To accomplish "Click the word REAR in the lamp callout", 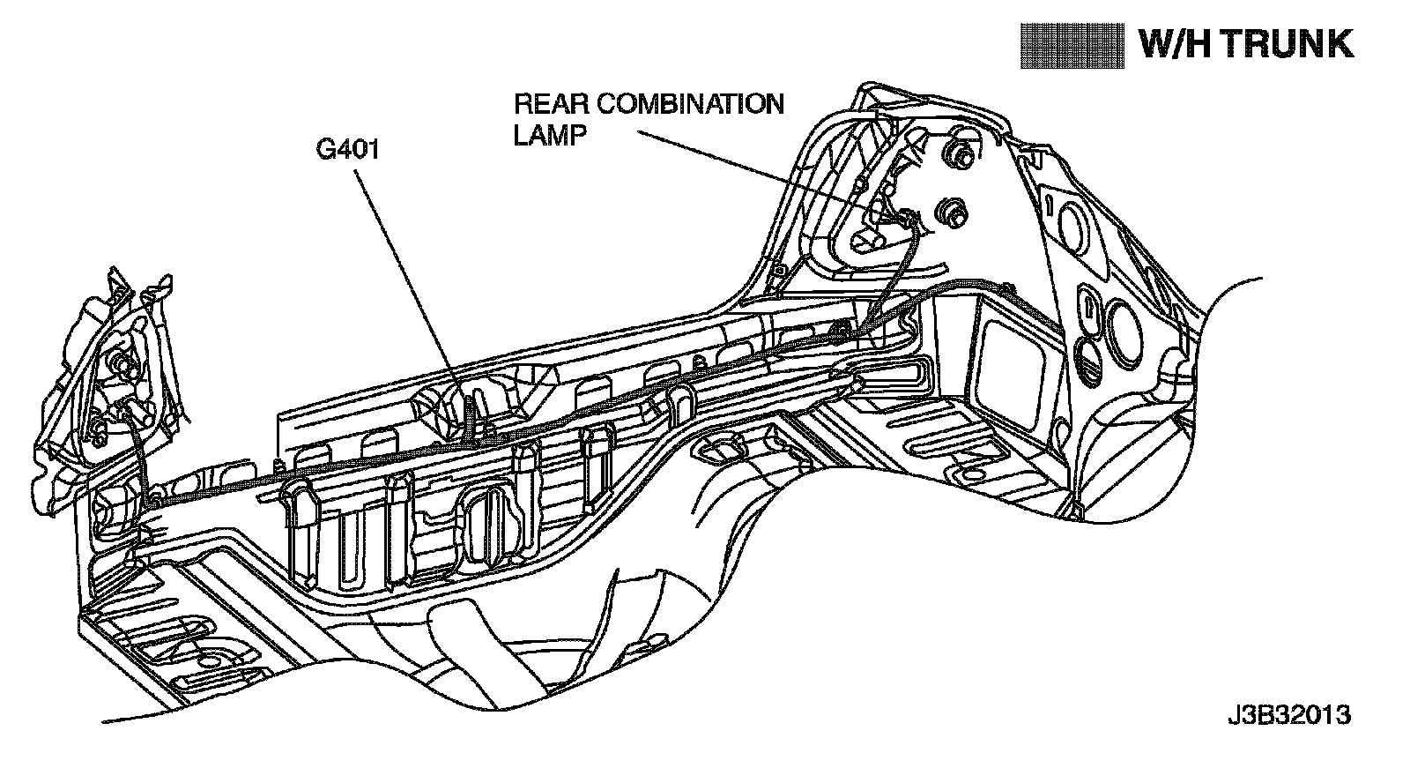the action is pyautogui.click(x=552, y=104).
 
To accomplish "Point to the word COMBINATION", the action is pyautogui.click(x=690, y=104).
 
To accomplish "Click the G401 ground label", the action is pyautogui.click(x=347, y=150).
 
